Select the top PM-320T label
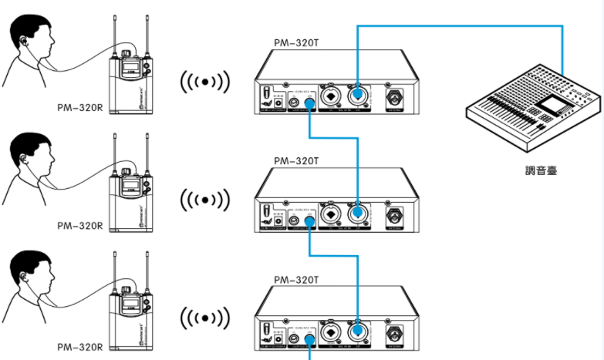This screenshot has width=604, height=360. tap(296, 44)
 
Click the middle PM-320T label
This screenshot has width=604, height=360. tap(296, 161)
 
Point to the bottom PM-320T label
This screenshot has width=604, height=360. tap(296, 280)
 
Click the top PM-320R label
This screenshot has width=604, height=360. tap(79, 109)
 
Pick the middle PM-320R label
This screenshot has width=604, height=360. tap(79, 226)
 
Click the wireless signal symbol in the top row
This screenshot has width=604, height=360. tap(204, 81)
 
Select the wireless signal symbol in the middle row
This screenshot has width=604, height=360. tap(204, 200)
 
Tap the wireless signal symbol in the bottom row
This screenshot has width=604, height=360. tap(204, 318)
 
